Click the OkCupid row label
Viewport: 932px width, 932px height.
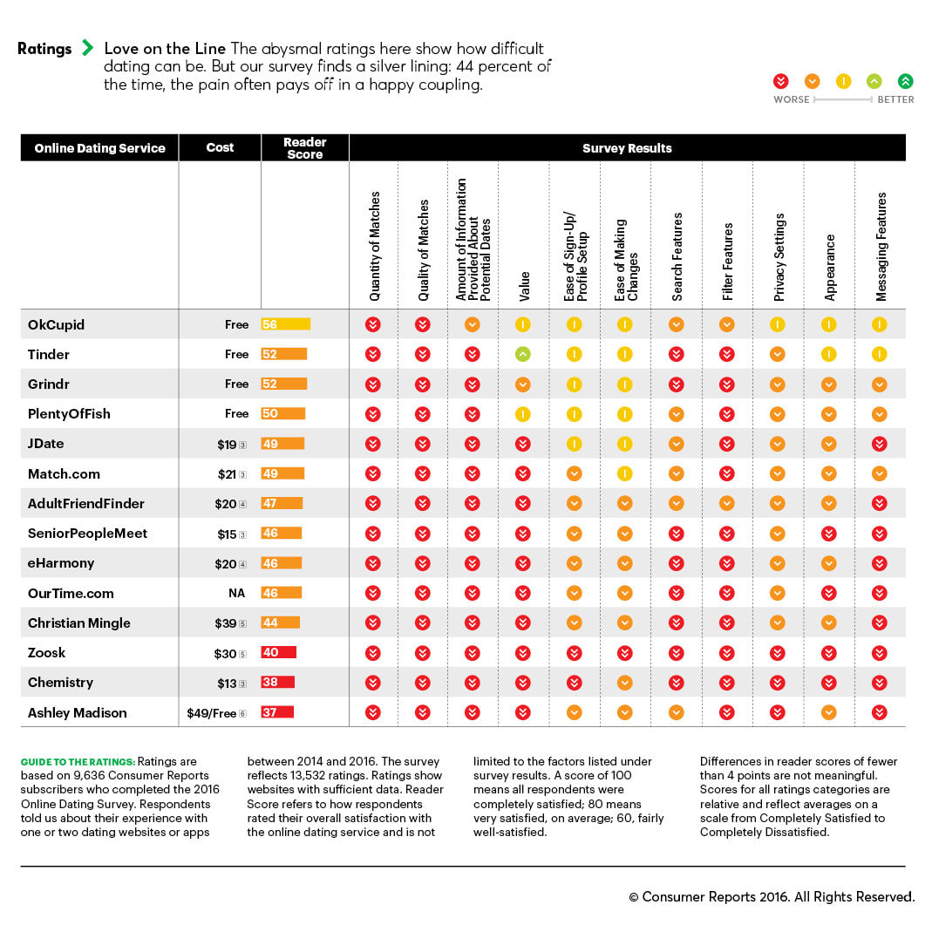(56, 324)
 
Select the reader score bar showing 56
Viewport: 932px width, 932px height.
(285, 324)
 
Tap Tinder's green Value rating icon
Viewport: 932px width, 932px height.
(523, 354)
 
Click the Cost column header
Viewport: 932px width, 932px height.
(220, 147)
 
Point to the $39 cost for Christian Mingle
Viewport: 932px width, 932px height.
(226, 623)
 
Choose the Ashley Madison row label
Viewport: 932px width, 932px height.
(77, 712)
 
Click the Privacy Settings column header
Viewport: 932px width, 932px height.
(779, 257)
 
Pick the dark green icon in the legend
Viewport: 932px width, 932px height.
(905, 81)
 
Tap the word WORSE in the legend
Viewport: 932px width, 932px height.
(792, 99)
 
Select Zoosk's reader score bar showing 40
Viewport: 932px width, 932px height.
(279, 652)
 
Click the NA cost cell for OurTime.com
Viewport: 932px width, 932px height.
(236, 593)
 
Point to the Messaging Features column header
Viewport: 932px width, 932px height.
(881, 247)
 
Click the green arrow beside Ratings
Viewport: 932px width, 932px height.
(87, 48)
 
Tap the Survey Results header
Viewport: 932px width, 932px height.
(627, 148)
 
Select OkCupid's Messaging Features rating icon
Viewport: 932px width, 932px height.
(880, 324)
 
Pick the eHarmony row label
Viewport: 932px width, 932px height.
(60, 563)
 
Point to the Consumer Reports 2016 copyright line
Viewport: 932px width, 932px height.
(771, 896)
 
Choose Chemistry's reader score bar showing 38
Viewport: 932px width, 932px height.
(277, 682)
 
